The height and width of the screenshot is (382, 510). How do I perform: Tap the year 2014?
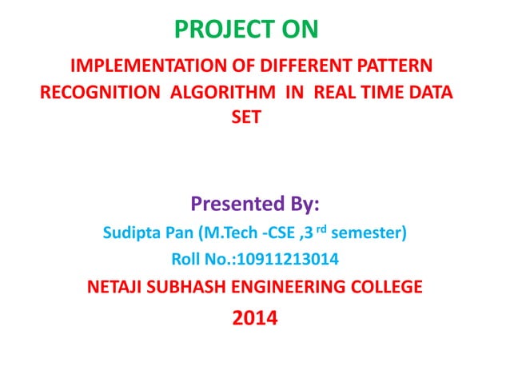(x=255, y=320)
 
